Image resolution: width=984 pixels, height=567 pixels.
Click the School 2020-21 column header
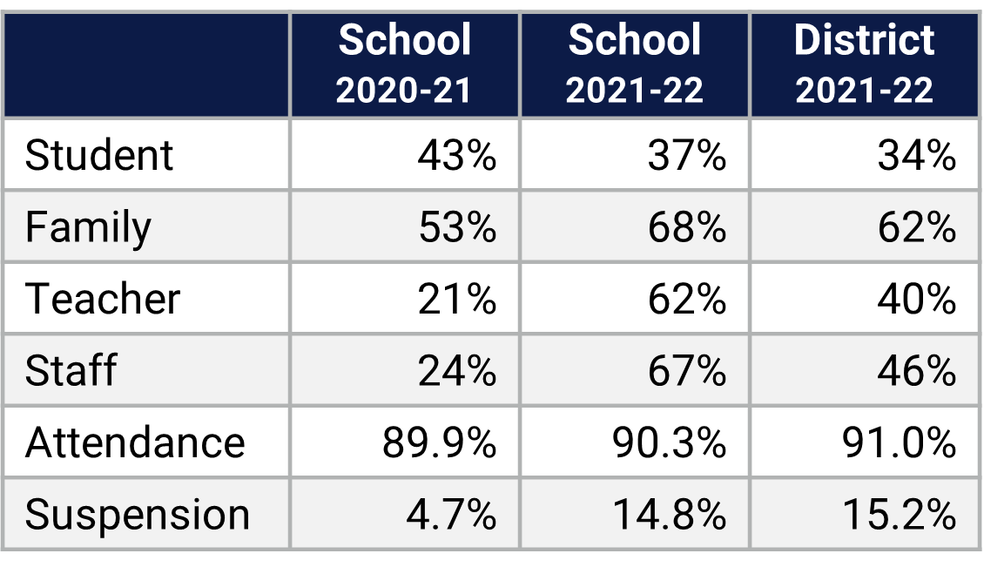coord(405,65)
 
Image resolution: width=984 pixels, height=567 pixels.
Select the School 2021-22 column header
coord(634,65)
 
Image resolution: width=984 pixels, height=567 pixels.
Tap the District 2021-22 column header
coord(864,65)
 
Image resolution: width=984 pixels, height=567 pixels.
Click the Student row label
coord(99,156)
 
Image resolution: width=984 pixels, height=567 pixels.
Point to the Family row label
coord(88,227)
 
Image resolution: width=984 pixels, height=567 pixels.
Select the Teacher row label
coord(103,299)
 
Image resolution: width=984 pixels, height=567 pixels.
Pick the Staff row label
coord(71,370)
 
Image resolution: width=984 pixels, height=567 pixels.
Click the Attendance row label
coord(135,442)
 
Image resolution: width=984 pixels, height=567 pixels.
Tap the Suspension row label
coord(137,514)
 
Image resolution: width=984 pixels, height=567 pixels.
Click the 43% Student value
coord(456,156)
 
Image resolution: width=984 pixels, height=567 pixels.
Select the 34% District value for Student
coord(916,156)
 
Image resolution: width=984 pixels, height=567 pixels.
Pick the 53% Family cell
coord(456,227)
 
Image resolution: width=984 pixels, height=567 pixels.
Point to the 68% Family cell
coord(686,227)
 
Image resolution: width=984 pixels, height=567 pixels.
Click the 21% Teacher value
coord(456,299)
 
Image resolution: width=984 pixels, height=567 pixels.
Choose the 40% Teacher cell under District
coord(916,299)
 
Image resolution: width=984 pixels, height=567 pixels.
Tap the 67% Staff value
coord(686,370)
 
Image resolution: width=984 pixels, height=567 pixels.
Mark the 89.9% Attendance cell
coord(439,442)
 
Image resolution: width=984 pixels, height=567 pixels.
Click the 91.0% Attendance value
coord(899,442)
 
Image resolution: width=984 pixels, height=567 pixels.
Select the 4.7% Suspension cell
coord(451,514)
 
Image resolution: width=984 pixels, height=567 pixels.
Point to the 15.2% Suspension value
coord(899,514)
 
